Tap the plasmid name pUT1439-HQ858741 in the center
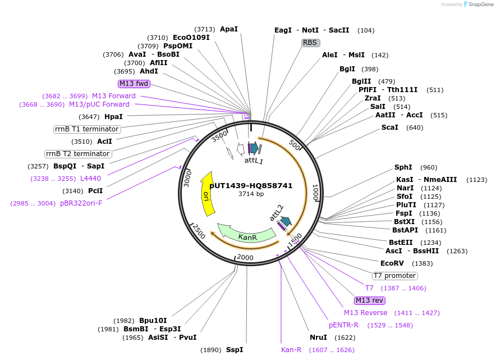(251, 185)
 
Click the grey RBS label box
(310, 43)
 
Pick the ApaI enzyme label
(229, 29)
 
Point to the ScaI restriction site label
(390, 127)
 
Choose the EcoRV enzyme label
(392, 263)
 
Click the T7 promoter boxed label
(395, 276)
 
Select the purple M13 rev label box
(369, 300)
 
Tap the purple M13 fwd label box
(134, 84)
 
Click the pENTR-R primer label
(343, 325)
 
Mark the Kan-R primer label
(291, 350)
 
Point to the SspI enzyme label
(235, 350)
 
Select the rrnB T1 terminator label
(87, 129)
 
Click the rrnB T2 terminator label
(78, 154)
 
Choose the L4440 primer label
(90, 179)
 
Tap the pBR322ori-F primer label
(81, 203)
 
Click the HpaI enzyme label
(113, 117)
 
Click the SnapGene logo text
(481, 4)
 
